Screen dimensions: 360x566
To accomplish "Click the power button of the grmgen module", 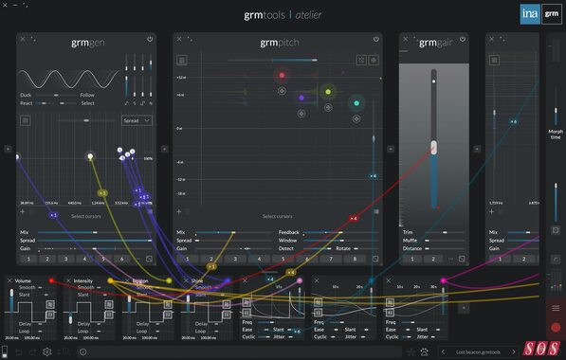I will point(150,39).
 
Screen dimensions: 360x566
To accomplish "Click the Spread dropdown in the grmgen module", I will point(137,120).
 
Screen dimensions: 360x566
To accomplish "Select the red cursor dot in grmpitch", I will point(281,75).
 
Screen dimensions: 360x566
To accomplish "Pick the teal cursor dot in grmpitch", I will point(356,102).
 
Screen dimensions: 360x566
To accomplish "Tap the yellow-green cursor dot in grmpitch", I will point(328,92).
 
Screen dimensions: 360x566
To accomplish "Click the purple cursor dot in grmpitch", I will point(301,97).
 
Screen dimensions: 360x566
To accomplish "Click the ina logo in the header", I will point(530,13).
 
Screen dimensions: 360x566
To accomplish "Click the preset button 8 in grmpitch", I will point(355,258).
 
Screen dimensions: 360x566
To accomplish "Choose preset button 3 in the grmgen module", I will point(65,258).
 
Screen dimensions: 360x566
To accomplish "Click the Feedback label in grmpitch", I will point(289,231).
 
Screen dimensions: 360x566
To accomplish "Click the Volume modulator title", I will point(23,280).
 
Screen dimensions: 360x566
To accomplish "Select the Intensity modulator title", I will point(83,280).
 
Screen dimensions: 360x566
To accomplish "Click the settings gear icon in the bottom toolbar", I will point(46,351).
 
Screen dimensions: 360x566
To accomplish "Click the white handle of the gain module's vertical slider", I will point(433,147).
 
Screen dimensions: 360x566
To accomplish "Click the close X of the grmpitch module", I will point(180,40).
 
